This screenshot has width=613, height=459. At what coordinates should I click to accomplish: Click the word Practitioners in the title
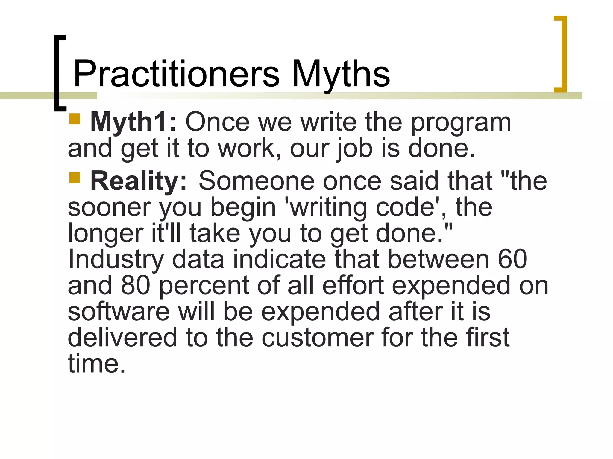(177, 74)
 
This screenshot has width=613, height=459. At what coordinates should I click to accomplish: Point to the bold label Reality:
(139, 181)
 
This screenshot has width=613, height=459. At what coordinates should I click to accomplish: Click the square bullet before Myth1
(75, 119)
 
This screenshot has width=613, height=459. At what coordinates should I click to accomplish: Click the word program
(461, 123)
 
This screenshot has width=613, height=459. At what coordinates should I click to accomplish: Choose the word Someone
(257, 181)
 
